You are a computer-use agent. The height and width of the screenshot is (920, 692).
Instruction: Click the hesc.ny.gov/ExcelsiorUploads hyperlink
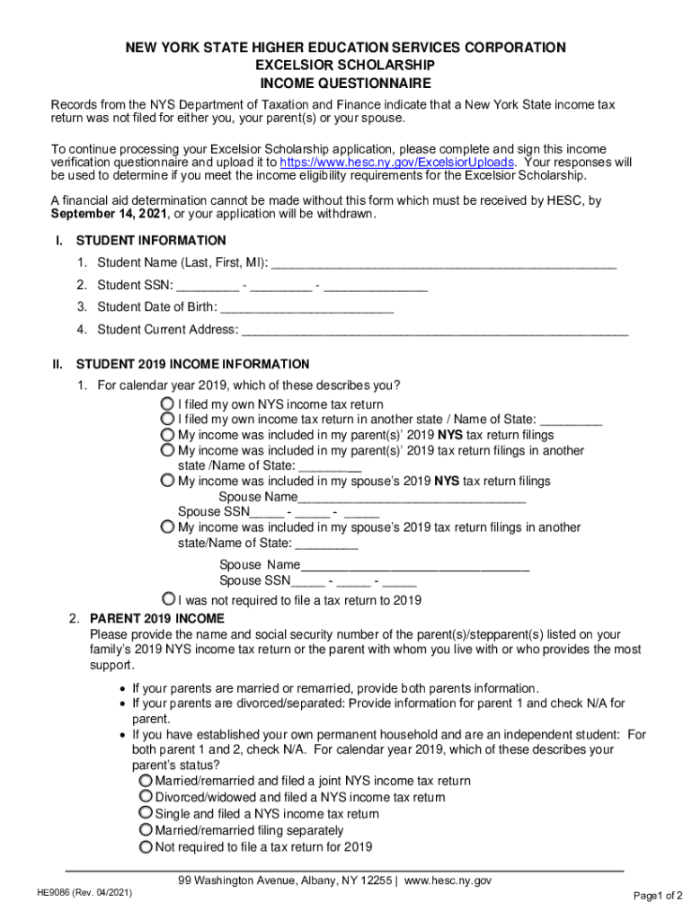[398, 163]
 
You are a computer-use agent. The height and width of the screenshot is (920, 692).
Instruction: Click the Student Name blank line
[443, 263]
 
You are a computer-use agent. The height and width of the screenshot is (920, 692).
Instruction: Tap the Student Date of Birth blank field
[306, 307]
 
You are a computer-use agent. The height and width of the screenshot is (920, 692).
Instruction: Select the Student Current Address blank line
[435, 330]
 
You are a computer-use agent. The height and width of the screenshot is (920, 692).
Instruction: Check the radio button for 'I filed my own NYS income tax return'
[168, 404]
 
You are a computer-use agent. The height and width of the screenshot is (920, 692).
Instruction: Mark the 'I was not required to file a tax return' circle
[168, 599]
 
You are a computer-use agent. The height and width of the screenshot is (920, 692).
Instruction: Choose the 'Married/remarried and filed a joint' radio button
[146, 781]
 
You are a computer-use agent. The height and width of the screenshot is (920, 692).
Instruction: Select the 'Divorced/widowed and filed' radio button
[146, 797]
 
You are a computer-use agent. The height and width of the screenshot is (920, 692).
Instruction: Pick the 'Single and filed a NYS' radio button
[146, 813]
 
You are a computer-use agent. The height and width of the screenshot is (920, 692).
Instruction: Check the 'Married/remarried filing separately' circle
[146, 830]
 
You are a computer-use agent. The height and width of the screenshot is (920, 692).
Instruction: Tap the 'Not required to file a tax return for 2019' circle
[146, 846]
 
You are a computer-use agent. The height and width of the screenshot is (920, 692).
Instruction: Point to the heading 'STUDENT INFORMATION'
[151, 241]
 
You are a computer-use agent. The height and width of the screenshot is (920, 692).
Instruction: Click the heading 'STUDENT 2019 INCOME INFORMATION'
[192, 365]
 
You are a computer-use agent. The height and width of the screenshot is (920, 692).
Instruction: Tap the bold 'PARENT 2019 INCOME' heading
[156, 619]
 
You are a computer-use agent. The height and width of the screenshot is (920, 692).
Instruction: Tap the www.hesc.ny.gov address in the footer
[448, 880]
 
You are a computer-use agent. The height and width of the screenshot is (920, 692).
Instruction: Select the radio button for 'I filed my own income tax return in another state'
[168, 420]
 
